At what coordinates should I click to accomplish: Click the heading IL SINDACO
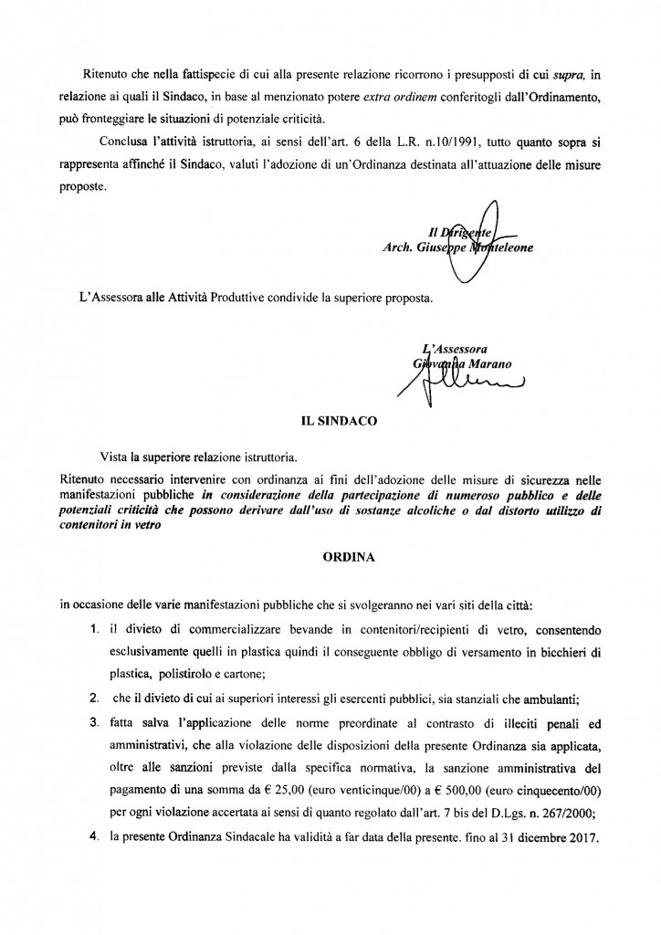click(330, 423)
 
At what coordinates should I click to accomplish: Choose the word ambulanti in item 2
click(565, 699)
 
